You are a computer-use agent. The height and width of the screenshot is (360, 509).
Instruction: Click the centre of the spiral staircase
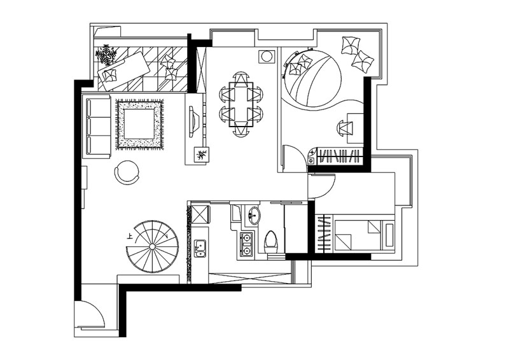point(152,247)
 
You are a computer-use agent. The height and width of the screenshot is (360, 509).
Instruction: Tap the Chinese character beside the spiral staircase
point(130,237)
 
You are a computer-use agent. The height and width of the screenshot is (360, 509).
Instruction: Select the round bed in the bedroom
point(312,78)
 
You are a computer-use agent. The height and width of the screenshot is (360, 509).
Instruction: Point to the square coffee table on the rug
point(139,124)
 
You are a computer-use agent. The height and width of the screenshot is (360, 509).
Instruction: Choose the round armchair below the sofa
point(127,172)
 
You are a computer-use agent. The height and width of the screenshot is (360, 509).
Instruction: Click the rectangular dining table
point(241,104)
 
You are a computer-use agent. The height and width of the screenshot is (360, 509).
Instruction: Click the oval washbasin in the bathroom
point(253,215)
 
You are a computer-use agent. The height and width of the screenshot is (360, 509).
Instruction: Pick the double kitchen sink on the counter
point(200,248)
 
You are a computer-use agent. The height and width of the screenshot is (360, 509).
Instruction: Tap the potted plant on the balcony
point(106,55)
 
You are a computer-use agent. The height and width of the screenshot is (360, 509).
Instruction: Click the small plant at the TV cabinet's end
point(202,155)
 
